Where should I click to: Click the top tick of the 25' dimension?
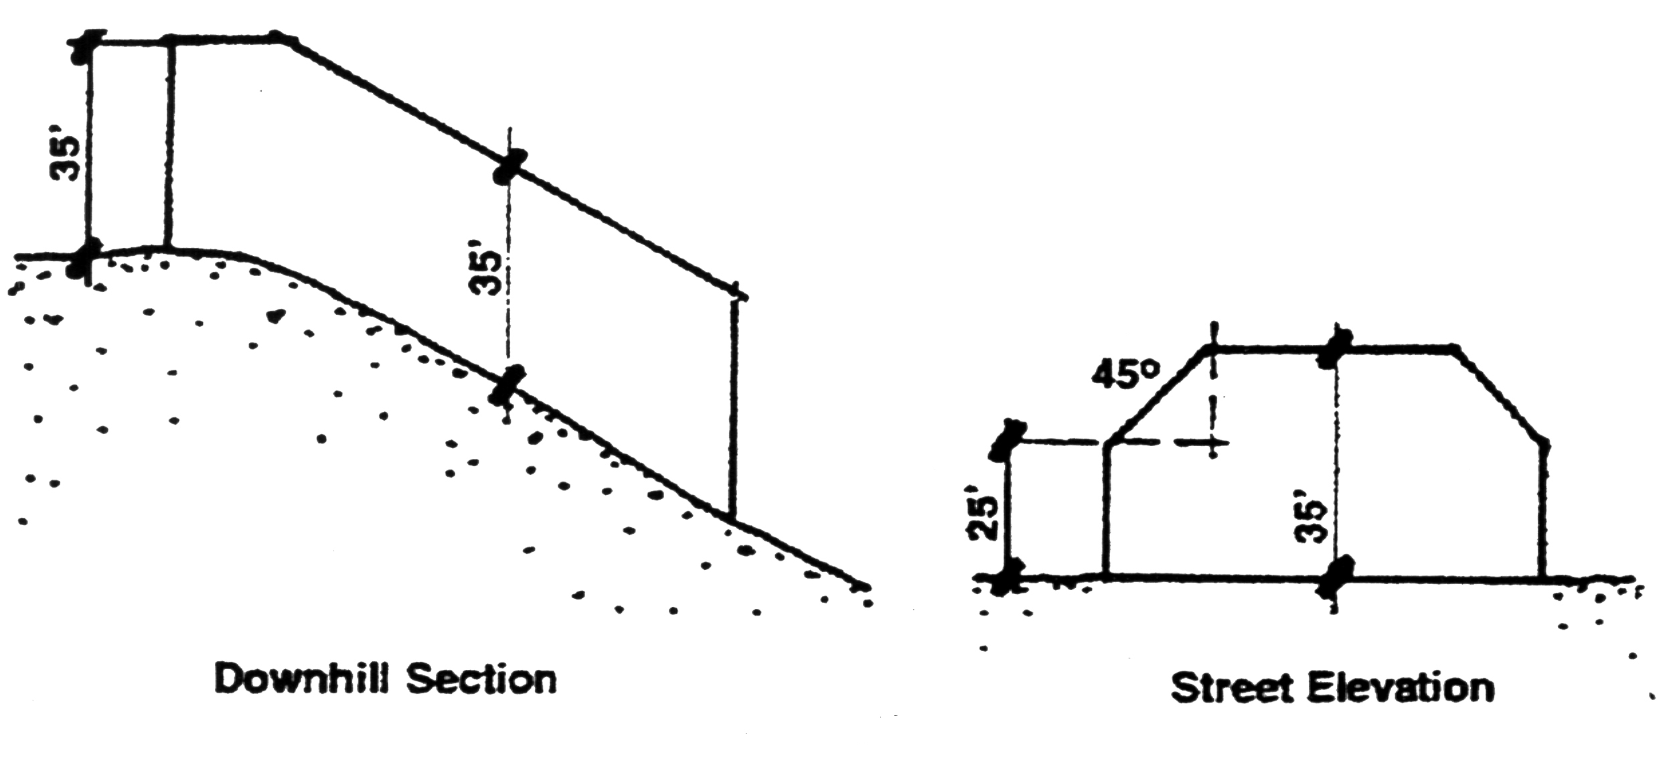tap(1010, 441)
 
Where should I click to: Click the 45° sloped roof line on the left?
tap(1158, 395)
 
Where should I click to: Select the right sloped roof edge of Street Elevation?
tap(1500, 395)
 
